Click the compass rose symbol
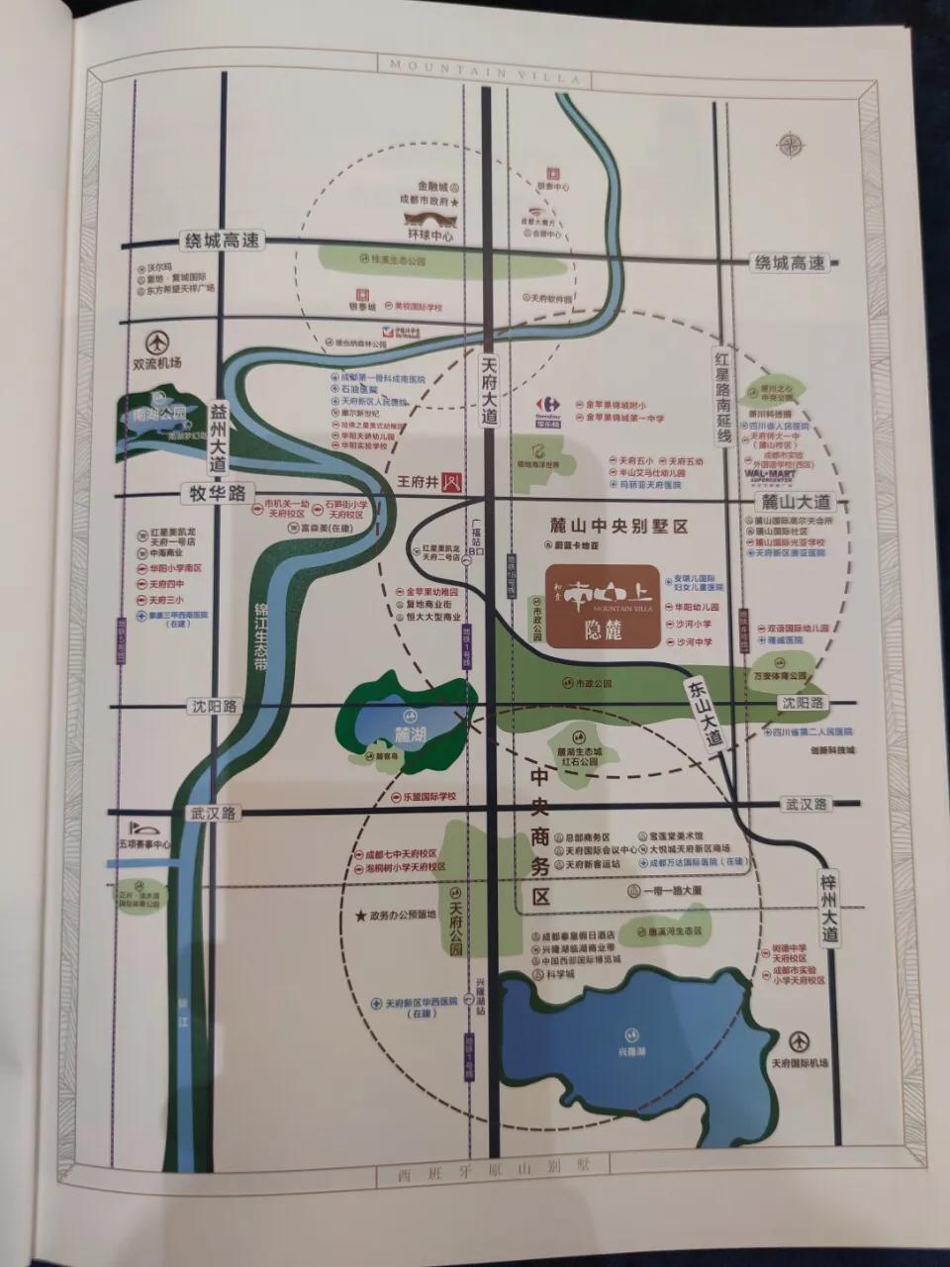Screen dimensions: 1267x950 point(792,145)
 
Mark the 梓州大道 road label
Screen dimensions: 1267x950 point(829,907)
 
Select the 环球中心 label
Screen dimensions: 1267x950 point(431,237)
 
